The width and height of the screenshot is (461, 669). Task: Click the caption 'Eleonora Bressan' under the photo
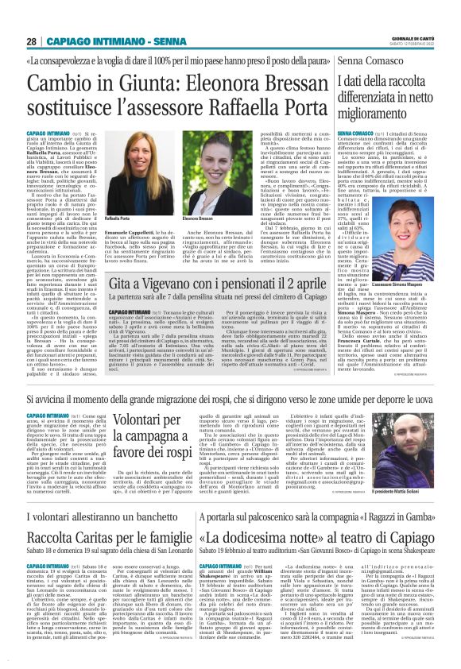[196, 218]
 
